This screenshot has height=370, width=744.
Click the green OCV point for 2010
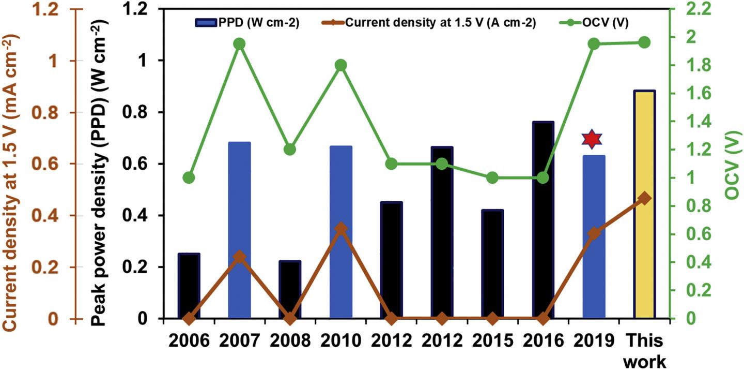[x=340, y=65]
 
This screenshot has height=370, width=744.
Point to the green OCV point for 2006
[x=189, y=177]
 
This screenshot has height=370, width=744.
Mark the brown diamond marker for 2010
[x=340, y=228]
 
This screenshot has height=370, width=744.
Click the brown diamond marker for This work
[x=644, y=199]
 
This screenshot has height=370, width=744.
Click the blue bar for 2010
[x=340, y=232]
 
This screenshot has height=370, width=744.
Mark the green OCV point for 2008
[x=290, y=150]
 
